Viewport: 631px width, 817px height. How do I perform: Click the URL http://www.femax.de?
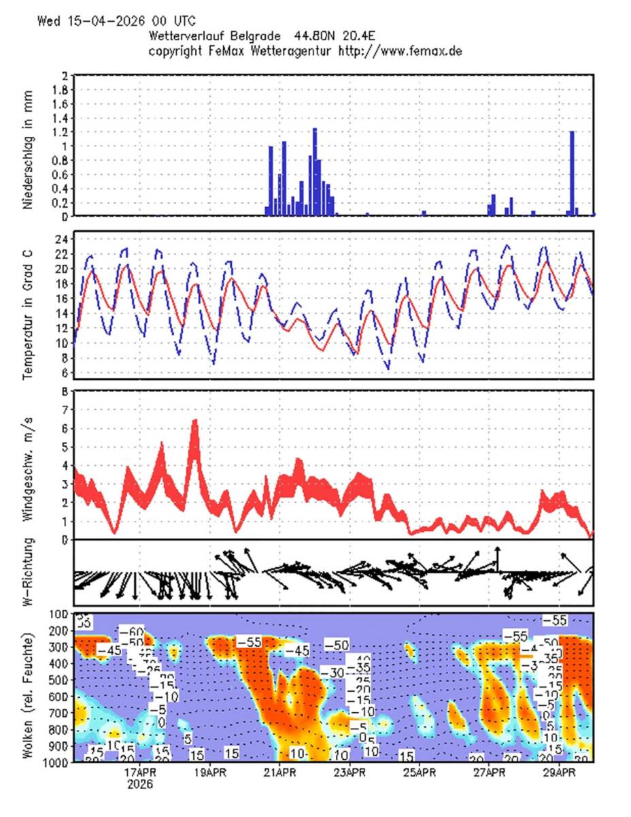tap(400, 51)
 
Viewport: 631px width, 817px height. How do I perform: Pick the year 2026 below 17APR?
tap(140, 784)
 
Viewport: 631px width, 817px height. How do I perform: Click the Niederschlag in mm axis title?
tap(29, 145)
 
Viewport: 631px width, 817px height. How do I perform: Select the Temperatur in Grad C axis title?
tap(29, 305)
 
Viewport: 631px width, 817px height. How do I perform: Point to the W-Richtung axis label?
tap(29, 572)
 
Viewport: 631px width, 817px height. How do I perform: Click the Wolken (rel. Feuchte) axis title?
tap(29, 688)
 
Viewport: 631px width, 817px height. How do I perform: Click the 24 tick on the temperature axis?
tap(61, 240)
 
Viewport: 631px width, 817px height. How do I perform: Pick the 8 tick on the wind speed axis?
tap(65, 391)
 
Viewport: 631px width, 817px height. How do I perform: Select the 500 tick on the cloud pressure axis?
tap(57, 679)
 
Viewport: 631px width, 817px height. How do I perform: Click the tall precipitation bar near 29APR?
tap(572, 174)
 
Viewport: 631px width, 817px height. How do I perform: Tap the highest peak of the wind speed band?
tap(195, 423)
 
